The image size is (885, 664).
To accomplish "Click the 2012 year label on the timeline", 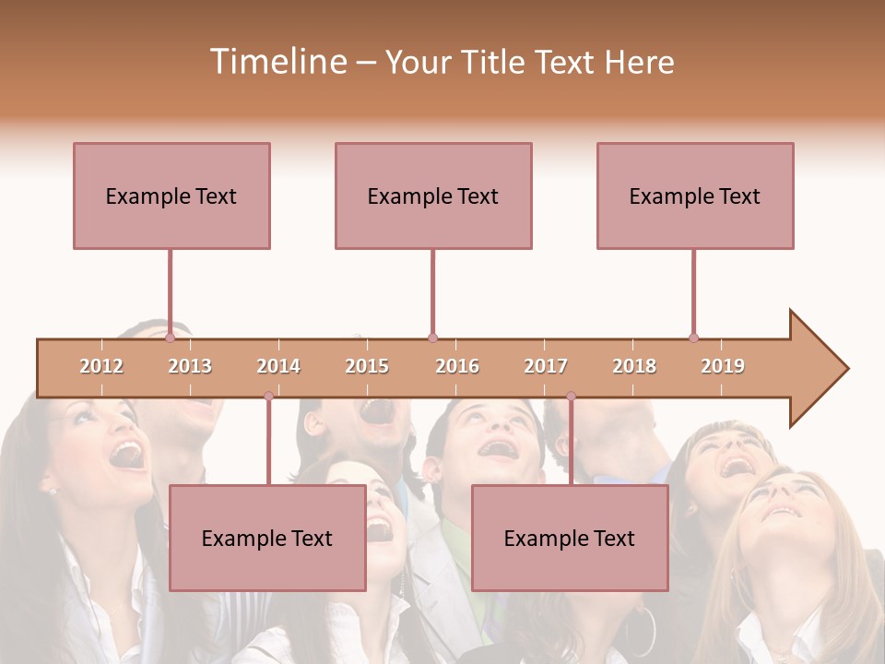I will [x=101, y=366].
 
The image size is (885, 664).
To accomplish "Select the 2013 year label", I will [x=190, y=366].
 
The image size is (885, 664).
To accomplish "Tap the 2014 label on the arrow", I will [x=278, y=366].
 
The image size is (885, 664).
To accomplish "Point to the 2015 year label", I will [x=367, y=366].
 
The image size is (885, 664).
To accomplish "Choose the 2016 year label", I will [x=457, y=366].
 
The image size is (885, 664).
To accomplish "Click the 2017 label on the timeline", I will [x=546, y=366].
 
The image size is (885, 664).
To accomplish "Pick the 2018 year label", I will [x=634, y=366].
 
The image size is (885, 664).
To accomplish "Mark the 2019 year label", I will [x=723, y=366].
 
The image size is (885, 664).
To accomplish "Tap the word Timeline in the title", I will [x=276, y=62].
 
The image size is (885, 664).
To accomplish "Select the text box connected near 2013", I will [x=171, y=196].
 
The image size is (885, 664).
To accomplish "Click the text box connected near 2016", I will [x=433, y=196].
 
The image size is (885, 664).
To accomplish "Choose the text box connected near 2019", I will [x=695, y=196].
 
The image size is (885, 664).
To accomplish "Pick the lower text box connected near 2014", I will [x=267, y=538].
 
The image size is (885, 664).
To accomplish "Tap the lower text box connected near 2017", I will [x=570, y=538].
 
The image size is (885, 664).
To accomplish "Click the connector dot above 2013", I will [x=171, y=338].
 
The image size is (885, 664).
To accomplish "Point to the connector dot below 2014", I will [x=268, y=396].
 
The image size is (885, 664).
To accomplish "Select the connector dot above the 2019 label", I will [x=694, y=338].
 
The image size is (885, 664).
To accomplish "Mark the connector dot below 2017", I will [x=571, y=396].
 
